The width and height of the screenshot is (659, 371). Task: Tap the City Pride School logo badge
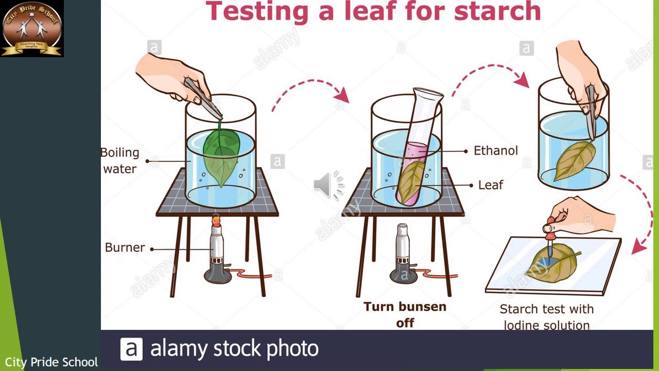coord(32,28)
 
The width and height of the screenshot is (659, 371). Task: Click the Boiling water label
coord(120,161)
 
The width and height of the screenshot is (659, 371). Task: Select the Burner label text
coord(125,248)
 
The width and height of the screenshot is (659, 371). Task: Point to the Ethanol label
coord(495,151)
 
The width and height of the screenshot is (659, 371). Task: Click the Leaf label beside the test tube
coord(490,185)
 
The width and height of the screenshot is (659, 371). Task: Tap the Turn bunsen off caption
coord(405,314)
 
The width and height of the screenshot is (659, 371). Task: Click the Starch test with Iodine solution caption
coord(546,317)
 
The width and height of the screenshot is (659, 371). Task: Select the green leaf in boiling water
coord(220,155)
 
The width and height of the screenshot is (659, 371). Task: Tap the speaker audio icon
coord(328,184)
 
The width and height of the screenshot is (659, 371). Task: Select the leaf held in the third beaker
coord(574,159)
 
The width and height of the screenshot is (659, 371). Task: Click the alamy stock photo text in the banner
coord(234,349)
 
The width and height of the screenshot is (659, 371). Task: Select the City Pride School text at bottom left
coord(51,362)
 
